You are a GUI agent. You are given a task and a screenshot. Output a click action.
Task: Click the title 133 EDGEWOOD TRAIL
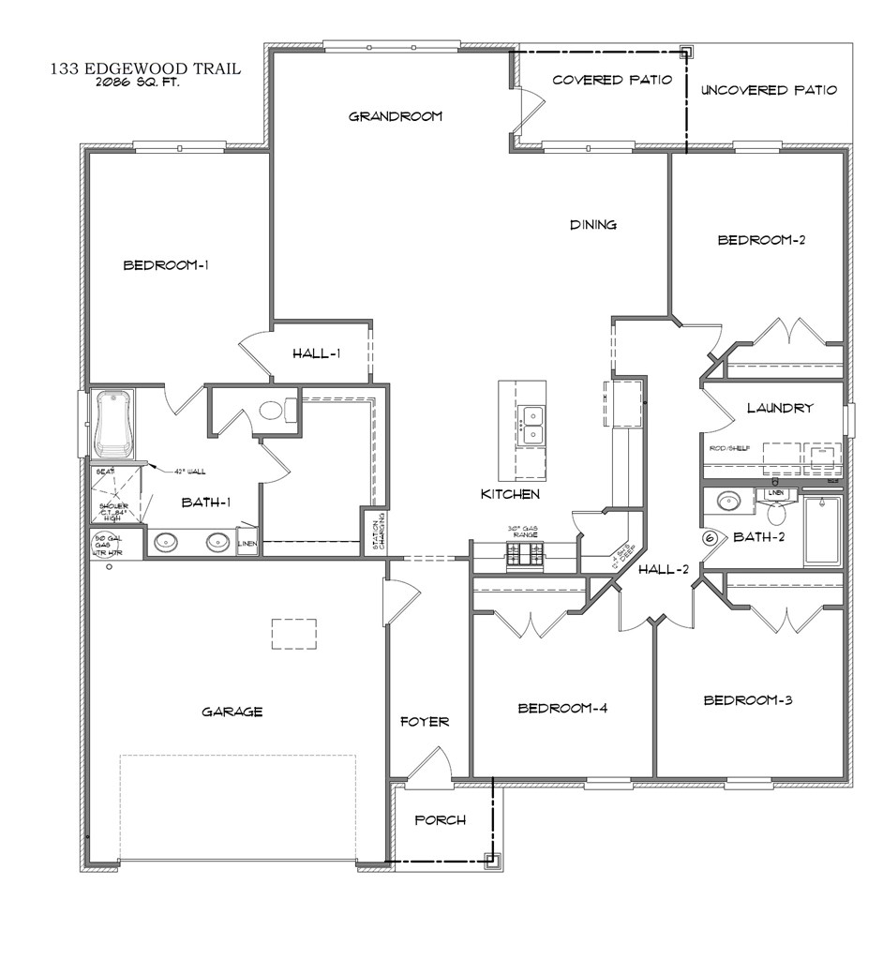(x=146, y=67)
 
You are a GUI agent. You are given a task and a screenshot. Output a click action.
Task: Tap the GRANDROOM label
(x=395, y=116)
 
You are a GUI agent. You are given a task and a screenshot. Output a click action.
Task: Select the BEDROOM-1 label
(x=166, y=265)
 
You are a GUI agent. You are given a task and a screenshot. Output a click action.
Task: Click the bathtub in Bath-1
(x=113, y=427)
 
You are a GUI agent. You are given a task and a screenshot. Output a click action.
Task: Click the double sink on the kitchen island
(x=531, y=425)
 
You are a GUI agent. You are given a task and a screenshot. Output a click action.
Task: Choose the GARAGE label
(x=232, y=712)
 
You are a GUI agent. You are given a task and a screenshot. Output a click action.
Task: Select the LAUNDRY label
(x=780, y=408)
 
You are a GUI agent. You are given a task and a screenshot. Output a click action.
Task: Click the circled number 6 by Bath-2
(x=710, y=538)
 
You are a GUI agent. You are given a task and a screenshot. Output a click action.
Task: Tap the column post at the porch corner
(x=490, y=858)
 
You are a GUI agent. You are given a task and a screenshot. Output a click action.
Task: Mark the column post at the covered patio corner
(x=686, y=52)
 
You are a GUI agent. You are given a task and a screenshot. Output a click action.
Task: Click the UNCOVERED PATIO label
(x=769, y=90)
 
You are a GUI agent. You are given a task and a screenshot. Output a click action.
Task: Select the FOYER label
(x=425, y=722)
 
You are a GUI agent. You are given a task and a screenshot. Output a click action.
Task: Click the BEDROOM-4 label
(x=562, y=708)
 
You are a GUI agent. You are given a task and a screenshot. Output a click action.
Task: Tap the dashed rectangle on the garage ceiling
(x=294, y=634)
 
